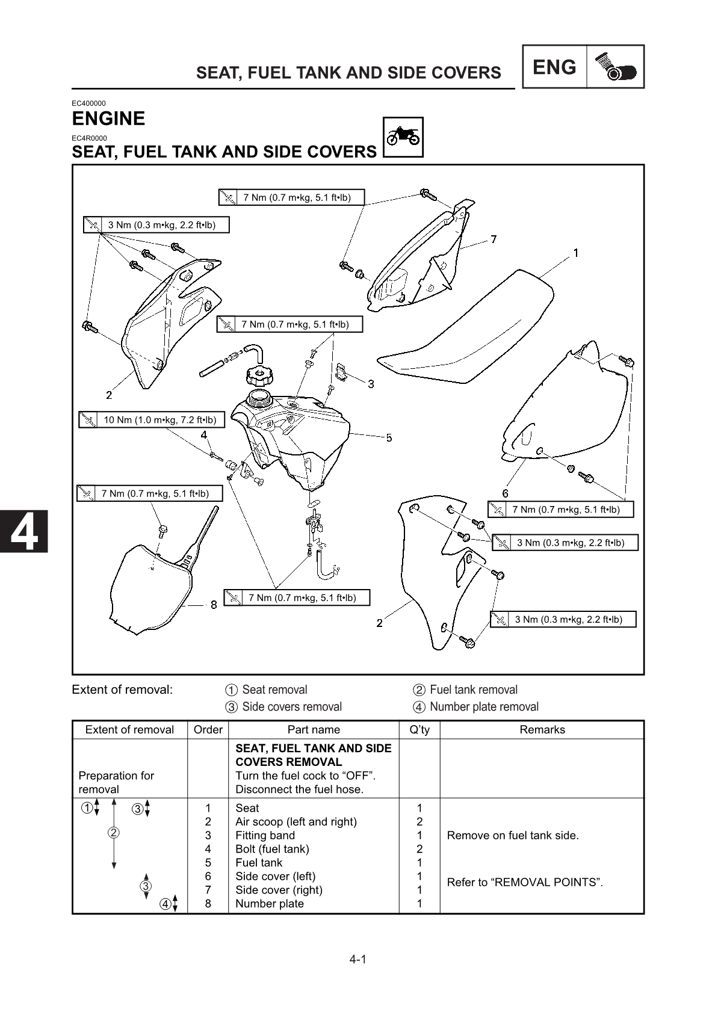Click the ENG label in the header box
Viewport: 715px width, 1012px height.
click(x=554, y=67)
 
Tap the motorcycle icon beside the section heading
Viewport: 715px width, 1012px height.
click(x=403, y=137)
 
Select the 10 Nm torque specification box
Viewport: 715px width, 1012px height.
click(x=152, y=420)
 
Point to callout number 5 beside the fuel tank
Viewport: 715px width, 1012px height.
click(x=389, y=437)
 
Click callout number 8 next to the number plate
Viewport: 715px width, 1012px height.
click(x=214, y=605)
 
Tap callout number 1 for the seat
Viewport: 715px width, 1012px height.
click(x=575, y=253)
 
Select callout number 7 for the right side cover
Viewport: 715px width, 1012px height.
click(x=494, y=239)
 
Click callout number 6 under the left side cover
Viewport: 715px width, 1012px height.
click(x=505, y=493)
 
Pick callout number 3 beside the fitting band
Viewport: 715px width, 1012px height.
click(x=371, y=383)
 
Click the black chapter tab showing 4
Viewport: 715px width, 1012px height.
click(x=24, y=531)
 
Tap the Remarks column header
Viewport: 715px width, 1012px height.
click(x=542, y=730)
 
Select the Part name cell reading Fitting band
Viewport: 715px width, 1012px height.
click(x=265, y=835)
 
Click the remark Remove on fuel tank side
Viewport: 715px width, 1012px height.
click(x=512, y=835)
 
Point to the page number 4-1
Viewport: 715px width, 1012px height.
click(x=357, y=959)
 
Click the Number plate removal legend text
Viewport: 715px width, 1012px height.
click(x=483, y=707)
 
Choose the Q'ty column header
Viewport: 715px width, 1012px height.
click(x=419, y=730)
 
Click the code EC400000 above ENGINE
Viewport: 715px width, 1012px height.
click(x=88, y=103)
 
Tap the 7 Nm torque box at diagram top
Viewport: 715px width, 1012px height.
click(x=291, y=197)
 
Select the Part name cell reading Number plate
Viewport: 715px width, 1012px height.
click(x=269, y=904)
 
